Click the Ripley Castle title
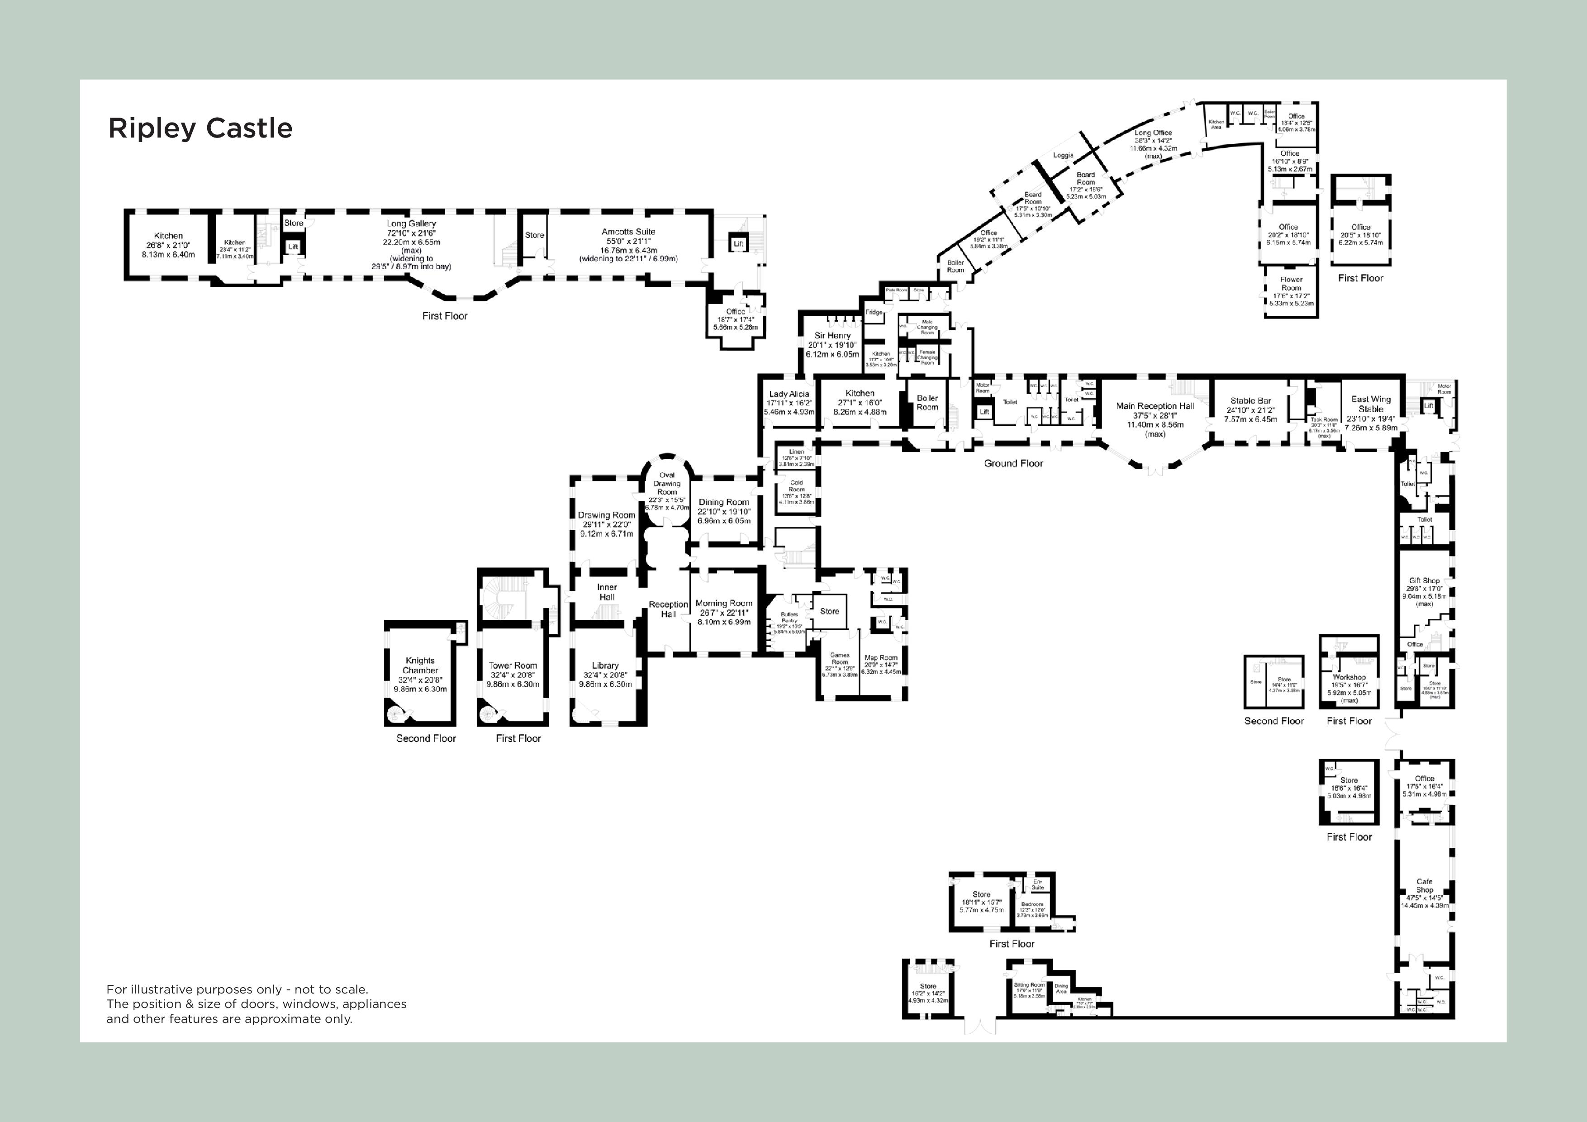tap(200, 128)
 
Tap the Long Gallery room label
tap(411, 224)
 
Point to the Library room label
tap(605, 666)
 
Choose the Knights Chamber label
tap(420, 665)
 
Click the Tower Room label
tap(513, 666)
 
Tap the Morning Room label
tap(724, 604)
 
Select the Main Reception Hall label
tap(1155, 406)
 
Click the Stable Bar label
tap(1250, 401)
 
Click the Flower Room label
tap(1291, 283)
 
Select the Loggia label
tap(1063, 156)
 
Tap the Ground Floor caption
tap(1013, 463)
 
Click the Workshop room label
tap(1349, 677)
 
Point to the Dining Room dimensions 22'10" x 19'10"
tap(724, 512)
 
